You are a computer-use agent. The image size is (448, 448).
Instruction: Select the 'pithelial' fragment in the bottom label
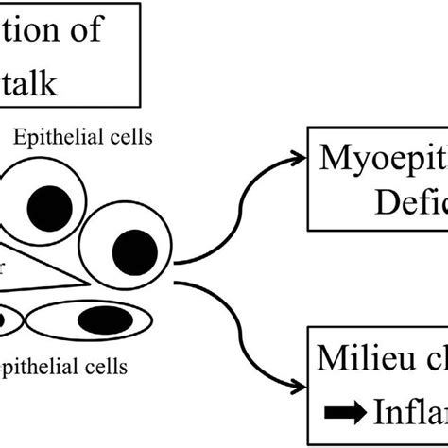point(47,364)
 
